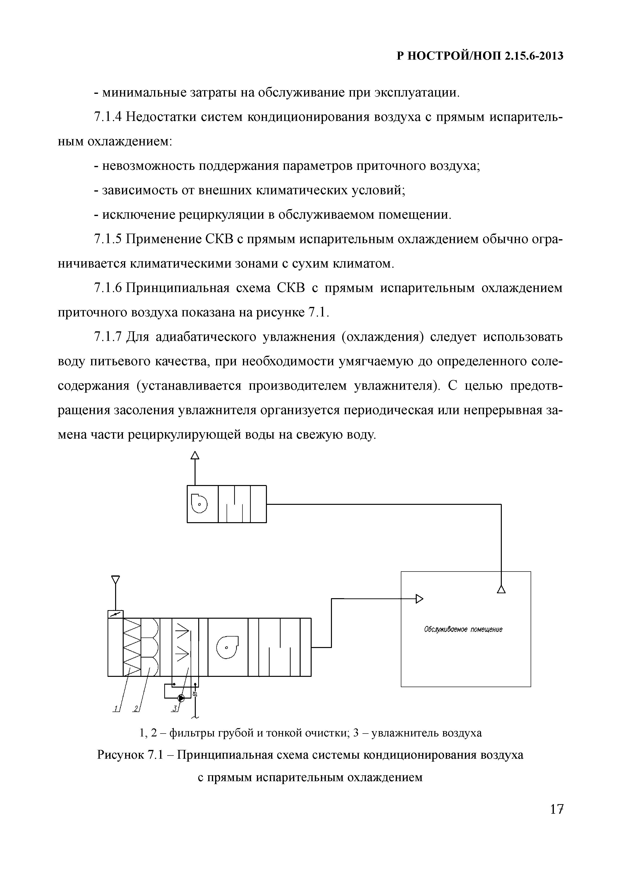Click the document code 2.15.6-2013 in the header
(534, 56)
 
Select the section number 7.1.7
(108, 337)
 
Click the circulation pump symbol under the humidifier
(181, 698)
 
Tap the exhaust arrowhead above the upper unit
(195, 455)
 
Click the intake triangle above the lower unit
(115, 579)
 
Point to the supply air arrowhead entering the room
(419, 598)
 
